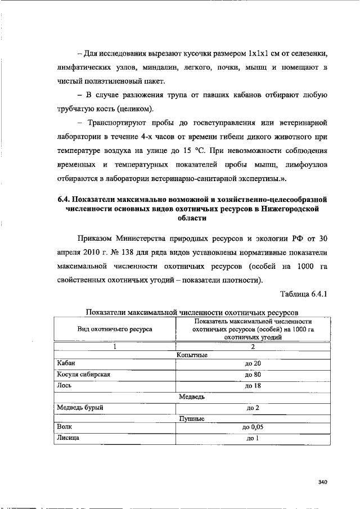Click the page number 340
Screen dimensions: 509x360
322,481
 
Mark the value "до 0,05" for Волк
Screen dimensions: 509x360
253,428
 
